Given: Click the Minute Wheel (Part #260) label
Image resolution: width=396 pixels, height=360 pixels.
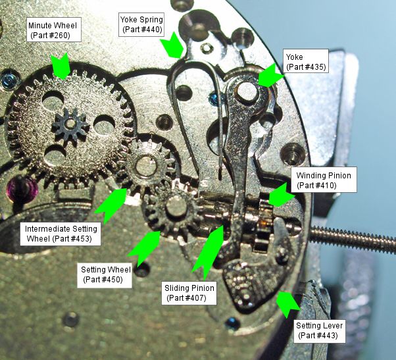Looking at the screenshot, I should pyautogui.click(x=54, y=30).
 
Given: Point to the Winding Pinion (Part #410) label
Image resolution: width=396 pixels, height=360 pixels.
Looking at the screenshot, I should pyautogui.click(x=324, y=180).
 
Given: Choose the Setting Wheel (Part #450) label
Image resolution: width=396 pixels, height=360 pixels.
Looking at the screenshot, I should pyautogui.click(x=105, y=274).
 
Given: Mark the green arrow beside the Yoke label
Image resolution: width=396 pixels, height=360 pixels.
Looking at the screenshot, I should pyautogui.click(x=268, y=76).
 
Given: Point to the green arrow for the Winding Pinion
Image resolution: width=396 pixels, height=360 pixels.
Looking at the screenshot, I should pyautogui.click(x=280, y=194).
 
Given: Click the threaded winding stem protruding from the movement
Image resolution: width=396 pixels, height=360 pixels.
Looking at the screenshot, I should pyautogui.click(x=355, y=232).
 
